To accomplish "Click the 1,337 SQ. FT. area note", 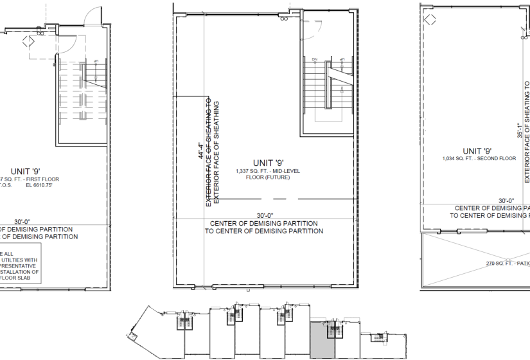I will tap(269, 170).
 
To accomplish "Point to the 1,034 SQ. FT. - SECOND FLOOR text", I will tap(479, 158).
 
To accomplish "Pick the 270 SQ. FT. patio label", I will tap(508, 263).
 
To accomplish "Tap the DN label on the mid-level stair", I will tap(315, 59).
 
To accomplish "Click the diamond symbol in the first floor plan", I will tap(28, 42).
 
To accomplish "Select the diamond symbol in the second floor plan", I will tap(430, 20).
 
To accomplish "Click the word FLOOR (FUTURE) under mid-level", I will tap(269, 177).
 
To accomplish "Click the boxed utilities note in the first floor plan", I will tap(19, 264).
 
